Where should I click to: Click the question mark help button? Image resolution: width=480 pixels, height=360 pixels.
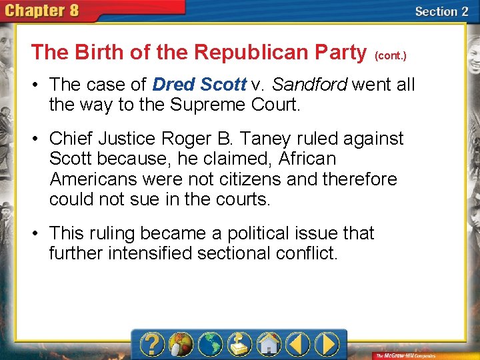tap(153, 345)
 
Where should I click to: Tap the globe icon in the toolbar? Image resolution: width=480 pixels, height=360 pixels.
tap(211, 345)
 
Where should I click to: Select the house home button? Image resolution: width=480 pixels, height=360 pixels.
tap(269, 345)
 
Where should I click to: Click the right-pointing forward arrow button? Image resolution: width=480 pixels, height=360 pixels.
tap(327, 345)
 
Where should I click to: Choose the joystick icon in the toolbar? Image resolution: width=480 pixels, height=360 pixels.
tap(239, 345)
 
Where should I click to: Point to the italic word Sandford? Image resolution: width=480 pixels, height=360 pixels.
tap(309, 85)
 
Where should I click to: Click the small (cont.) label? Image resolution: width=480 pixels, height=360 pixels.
tap(391, 56)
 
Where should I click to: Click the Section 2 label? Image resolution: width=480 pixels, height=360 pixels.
tap(441, 11)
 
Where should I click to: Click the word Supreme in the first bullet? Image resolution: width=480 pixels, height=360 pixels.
tap(193, 105)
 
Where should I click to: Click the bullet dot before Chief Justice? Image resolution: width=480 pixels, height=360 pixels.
tap(39, 139)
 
